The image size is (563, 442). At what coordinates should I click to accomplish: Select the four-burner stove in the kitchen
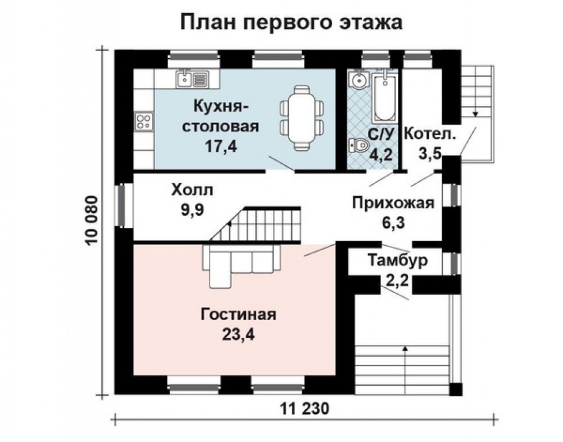(x=143, y=121)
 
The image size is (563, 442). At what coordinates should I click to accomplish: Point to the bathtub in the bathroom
(x=383, y=96)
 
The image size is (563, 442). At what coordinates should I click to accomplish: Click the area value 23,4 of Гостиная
(x=239, y=334)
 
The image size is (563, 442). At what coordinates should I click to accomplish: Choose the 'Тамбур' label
(x=398, y=261)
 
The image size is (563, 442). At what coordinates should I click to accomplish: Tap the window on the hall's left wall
(x=123, y=205)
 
